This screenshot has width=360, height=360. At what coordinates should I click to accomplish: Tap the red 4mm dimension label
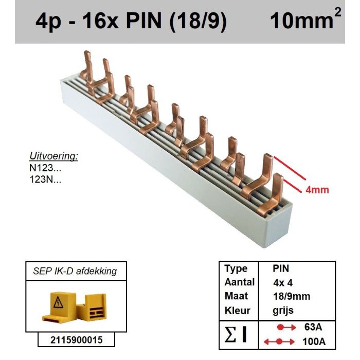tap(317, 190)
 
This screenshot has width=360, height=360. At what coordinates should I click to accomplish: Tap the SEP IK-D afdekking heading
tap(76, 271)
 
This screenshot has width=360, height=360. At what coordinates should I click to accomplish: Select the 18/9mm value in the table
tap(291, 296)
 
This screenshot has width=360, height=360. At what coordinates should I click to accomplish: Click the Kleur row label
tap(237, 311)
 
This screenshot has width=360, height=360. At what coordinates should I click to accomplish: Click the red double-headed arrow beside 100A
tap(278, 341)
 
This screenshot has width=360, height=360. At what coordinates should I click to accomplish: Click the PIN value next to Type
tap(281, 268)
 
